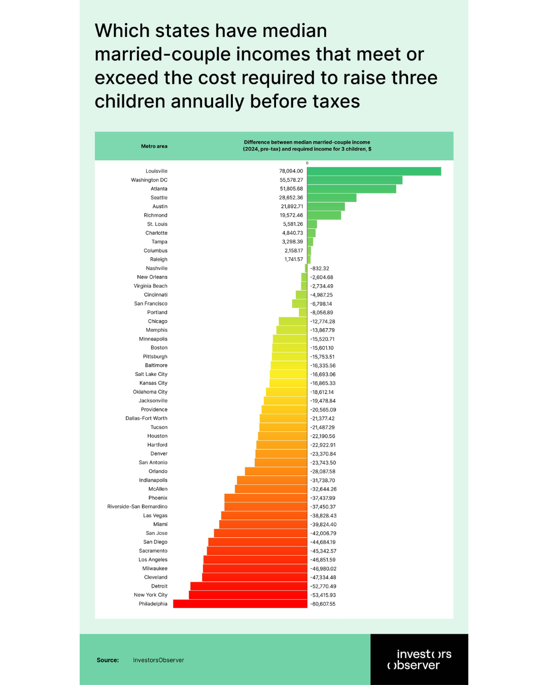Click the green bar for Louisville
tap(374, 172)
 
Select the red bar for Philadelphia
tap(240, 604)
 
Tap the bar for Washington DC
tap(355, 180)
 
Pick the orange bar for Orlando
tap(276, 471)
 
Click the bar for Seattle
tap(332, 198)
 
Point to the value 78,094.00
tap(291, 171)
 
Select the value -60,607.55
tap(323, 604)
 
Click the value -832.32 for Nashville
tap(320, 268)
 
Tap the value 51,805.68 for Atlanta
tap(291, 189)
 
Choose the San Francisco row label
tap(151, 303)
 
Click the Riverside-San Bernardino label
tap(137, 506)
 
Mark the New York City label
tap(151, 595)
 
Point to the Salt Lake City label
tap(151, 374)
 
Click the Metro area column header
tap(154, 146)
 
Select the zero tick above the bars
tap(307, 163)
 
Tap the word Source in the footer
tap(108, 660)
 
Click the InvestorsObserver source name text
tap(158, 660)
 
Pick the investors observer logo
tap(419, 660)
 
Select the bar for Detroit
tap(249, 586)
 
